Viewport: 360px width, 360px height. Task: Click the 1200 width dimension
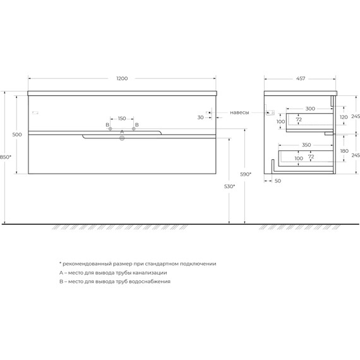click(123, 78)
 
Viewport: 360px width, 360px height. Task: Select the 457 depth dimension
click(301, 78)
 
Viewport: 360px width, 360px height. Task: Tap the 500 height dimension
click(17, 135)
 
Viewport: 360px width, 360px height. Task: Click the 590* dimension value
click(246, 174)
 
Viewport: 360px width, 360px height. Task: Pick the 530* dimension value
click(229, 186)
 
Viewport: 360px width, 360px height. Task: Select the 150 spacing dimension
click(122, 118)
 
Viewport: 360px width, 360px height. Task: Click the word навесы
click(239, 112)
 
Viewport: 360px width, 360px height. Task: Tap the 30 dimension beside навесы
click(200, 117)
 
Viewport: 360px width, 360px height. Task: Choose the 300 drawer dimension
click(309, 109)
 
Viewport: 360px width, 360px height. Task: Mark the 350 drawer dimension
click(306, 145)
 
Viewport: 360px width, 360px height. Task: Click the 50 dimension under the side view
click(278, 181)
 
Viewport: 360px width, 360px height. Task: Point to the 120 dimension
click(344, 117)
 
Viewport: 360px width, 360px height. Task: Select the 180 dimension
click(344, 152)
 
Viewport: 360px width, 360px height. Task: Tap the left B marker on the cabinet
click(110, 129)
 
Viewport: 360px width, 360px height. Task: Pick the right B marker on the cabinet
click(134, 129)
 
